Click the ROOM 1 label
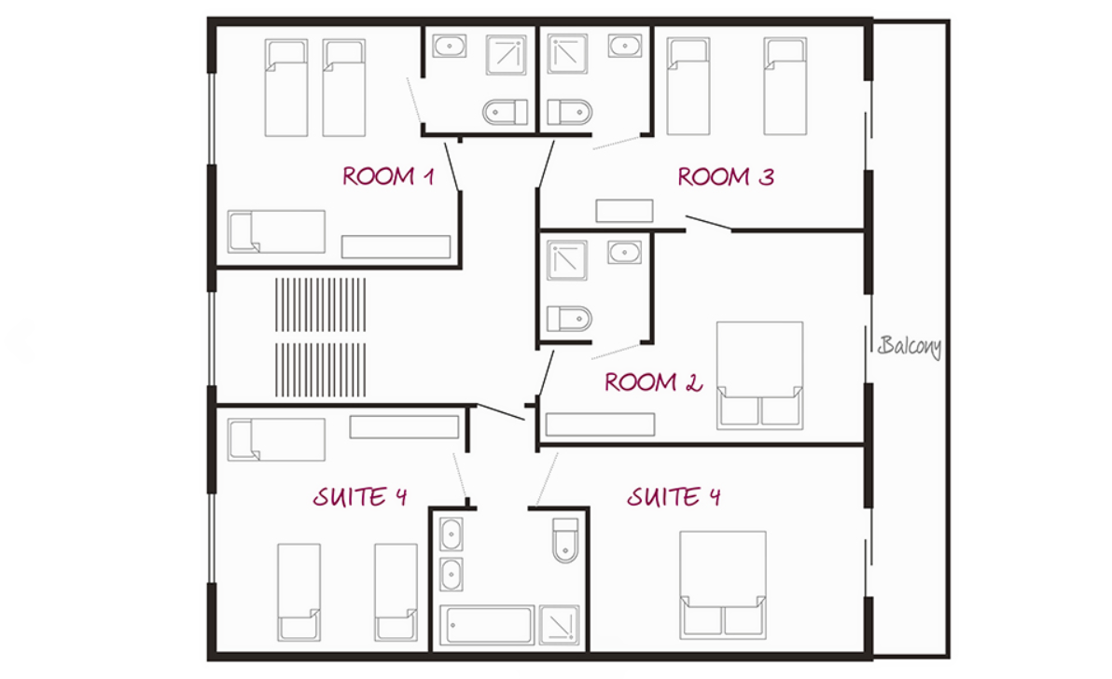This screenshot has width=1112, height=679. pos(388,175)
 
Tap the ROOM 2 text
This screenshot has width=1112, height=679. pos(653,382)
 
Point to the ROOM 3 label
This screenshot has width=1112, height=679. pos(726,176)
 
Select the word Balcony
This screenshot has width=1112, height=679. pos(910,346)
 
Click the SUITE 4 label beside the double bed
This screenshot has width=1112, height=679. pos(673,496)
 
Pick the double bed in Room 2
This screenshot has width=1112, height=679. pos(759,375)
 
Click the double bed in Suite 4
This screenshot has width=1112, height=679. pos(723,585)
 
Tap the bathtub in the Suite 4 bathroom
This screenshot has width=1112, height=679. pos(487,625)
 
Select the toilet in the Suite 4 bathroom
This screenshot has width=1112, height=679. pos(565,540)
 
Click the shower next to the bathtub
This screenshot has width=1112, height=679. pos(560,625)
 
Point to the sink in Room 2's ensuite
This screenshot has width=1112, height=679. pos(624,253)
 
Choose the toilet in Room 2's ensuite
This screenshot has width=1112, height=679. pos(569,319)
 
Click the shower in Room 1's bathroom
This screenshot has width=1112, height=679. pos(507,55)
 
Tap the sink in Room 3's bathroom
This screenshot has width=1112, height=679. pos(625,46)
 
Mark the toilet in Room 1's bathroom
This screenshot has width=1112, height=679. pos(505,112)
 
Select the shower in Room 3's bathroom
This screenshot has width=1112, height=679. pos(566,54)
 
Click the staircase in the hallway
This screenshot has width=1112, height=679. pos(321,338)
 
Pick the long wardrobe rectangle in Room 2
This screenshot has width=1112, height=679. pos(600,424)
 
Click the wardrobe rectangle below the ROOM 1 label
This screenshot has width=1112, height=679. pos(396,246)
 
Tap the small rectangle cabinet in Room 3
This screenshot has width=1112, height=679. pos(624,211)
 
